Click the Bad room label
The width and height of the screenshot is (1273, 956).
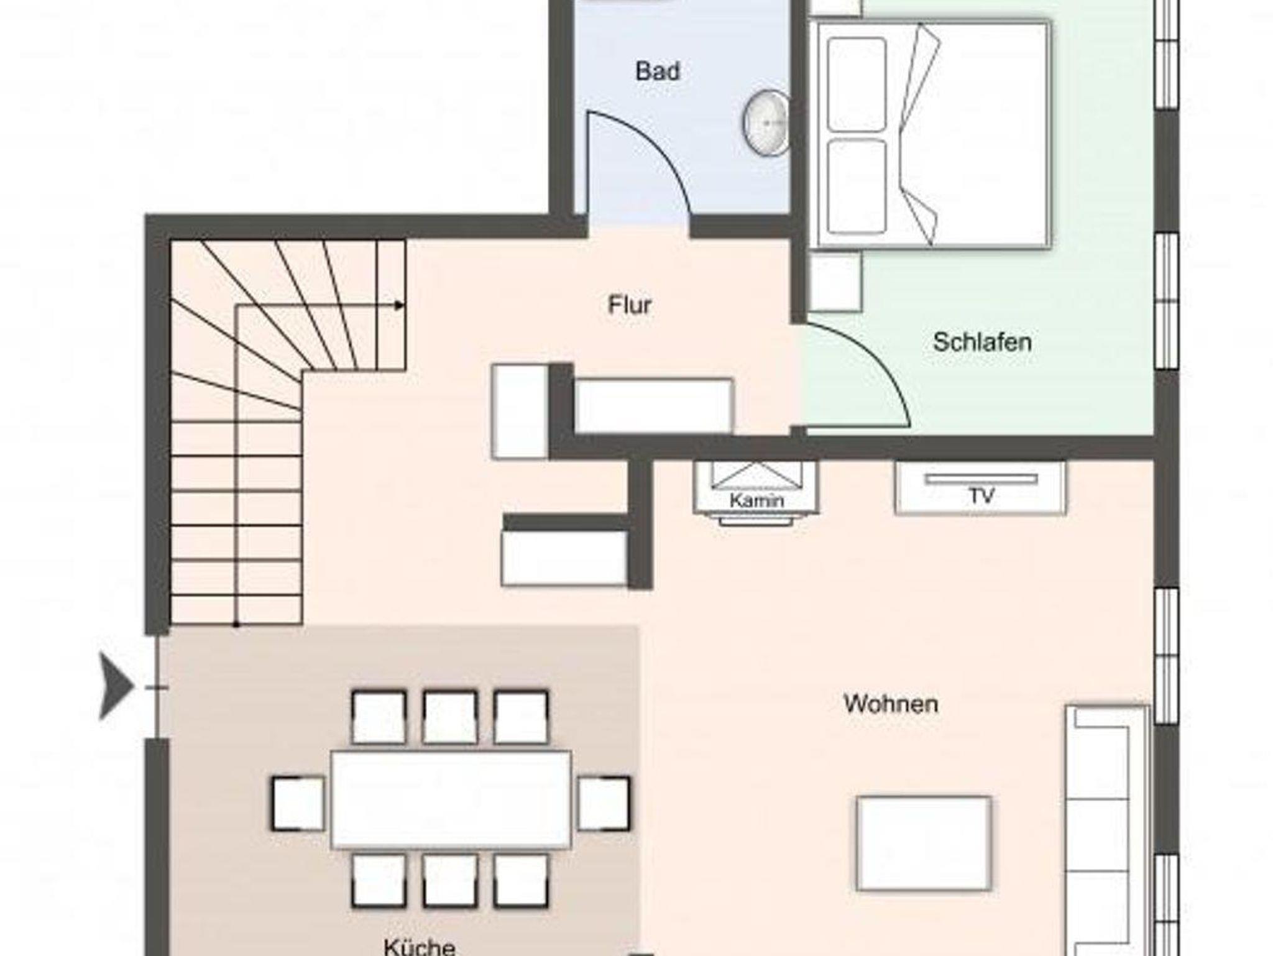click(658, 71)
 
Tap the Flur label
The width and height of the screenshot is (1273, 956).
click(630, 305)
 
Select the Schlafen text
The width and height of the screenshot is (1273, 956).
click(982, 342)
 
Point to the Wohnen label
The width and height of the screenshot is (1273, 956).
click(891, 704)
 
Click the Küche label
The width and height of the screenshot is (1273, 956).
click(420, 945)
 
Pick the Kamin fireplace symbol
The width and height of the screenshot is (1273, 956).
click(756, 493)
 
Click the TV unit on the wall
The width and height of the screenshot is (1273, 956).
click(981, 487)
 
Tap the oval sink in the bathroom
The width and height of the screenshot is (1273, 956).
click(766, 122)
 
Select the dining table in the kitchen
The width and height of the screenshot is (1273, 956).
click(451, 800)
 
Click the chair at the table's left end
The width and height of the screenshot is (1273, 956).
click(298, 804)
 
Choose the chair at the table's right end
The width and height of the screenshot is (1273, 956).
click(604, 803)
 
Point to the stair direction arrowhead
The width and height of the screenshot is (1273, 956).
click(400, 305)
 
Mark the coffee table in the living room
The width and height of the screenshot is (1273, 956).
click(924, 843)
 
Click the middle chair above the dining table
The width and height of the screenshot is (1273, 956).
click(451, 717)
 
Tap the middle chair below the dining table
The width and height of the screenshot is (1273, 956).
click(451, 880)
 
